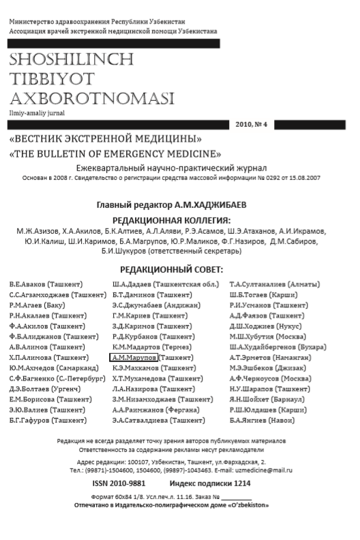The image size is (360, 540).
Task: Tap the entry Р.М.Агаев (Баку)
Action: (37, 305)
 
